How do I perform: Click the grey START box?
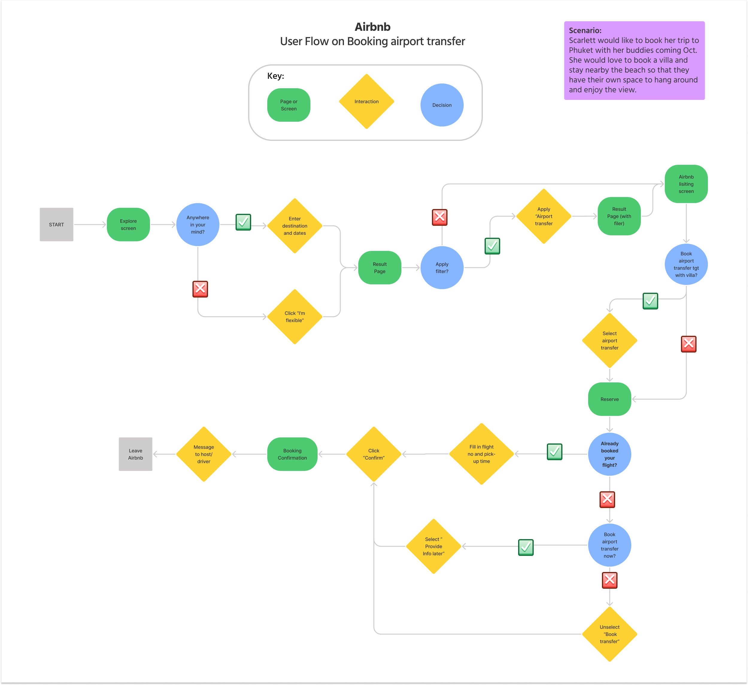pyautogui.click(x=56, y=225)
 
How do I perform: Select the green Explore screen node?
pyautogui.click(x=128, y=225)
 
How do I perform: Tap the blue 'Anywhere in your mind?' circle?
pyautogui.click(x=198, y=225)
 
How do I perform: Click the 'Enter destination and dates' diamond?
pyautogui.click(x=295, y=226)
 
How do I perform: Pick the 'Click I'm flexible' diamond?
pyautogui.click(x=295, y=317)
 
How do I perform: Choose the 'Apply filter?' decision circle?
pyautogui.click(x=442, y=268)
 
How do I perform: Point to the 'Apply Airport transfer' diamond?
pyautogui.click(x=544, y=216)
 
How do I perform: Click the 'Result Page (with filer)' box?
pyautogui.click(x=619, y=216)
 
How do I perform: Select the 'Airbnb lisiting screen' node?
pyautogui.click(x=686, y=184)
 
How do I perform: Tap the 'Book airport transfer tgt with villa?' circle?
pyautogui.click(x=686, y=264)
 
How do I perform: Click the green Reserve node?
pyautogui.click(x=610, y=399)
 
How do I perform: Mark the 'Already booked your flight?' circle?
pyautogui.click(x=610, y=454)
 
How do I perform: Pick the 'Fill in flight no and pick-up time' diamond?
pyautogui.click(x=481, y=454)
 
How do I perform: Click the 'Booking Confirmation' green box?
pyautogui.click(x=292, y=454)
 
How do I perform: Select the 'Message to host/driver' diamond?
pyautogui.click(x=204, y=454)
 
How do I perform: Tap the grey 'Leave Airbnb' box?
pyautogui.click(x=135, y=454)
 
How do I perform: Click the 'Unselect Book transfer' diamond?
pyautogui.click(x=610, y=634)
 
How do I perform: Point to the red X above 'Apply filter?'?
pyautogui.click(x=440, y=217)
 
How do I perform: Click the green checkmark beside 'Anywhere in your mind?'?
pyautogui.click(x=243, y=222)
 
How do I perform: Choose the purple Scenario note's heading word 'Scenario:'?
pyautogui.click(x=585, y=31)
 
